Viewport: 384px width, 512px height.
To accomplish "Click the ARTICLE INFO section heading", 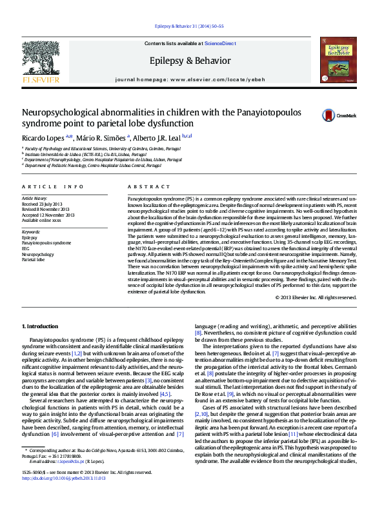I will tap(53, 186).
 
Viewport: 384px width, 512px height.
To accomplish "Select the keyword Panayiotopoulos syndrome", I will tap(46, 242).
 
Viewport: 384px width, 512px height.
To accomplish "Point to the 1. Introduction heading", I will tap(40, 328).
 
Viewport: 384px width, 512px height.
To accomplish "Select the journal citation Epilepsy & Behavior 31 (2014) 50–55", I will tap(192, 26).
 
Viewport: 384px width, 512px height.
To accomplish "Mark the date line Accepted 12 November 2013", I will tap(48, 215).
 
